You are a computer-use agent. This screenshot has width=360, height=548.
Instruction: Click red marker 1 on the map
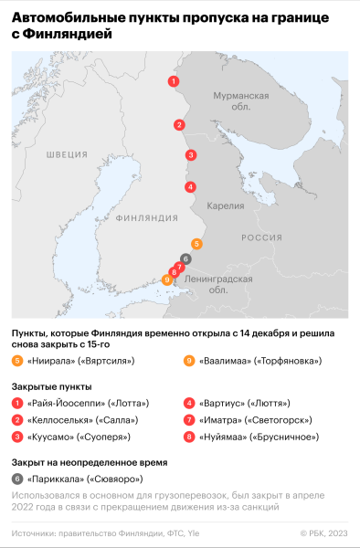click(x=173, y=81)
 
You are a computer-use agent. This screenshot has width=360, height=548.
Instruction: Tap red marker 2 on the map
click(x=180, y=125)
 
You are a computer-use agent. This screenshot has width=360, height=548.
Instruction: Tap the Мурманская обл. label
click(x=240, y=100)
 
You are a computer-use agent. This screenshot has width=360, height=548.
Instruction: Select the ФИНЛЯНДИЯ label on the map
click(x=147, y=218)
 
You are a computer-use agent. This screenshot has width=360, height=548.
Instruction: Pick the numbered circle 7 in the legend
click(x=188, y=420)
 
